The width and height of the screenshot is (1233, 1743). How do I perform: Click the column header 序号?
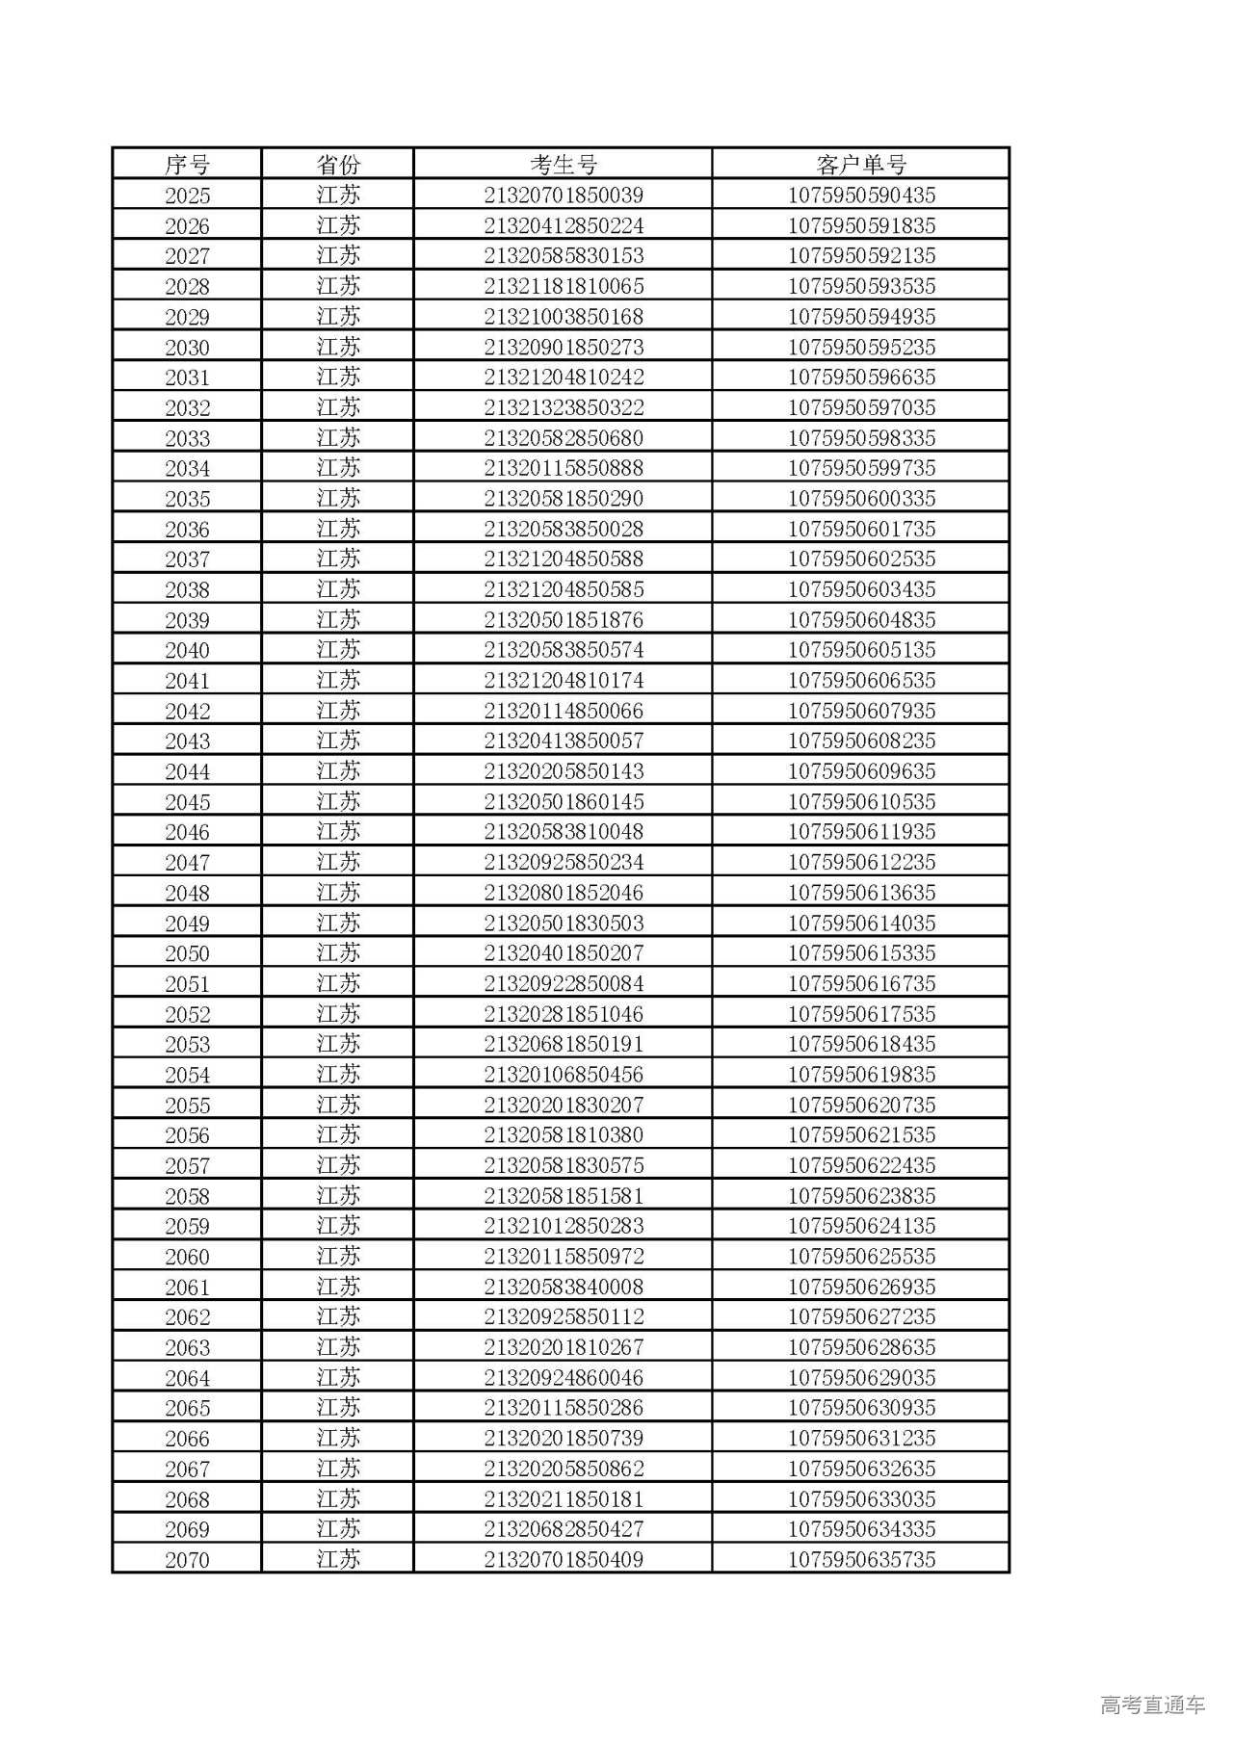(x=187, y=165)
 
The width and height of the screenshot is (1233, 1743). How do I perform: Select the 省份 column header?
(x=338, y=165)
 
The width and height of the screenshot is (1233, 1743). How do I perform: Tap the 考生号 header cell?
(x=564, y=165)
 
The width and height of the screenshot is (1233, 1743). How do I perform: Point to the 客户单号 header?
(x=861, y=165)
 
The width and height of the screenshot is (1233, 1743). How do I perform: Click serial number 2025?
(x=187, y=195)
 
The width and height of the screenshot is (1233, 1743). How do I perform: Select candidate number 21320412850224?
(x=564, y=226)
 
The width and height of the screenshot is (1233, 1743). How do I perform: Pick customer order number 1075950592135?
(x=861, y=256)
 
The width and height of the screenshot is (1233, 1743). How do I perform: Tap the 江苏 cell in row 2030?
(x=338, y=347)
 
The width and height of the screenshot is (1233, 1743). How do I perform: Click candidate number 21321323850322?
(x=564, y=407)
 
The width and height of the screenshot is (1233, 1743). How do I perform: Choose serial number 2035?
(x=187, y=499)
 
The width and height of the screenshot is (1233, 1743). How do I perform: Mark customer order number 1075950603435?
(x=861, y=589)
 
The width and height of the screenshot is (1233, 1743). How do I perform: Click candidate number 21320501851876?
(x=564, y=620)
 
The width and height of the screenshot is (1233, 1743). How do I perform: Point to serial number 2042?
(x=187, y=711)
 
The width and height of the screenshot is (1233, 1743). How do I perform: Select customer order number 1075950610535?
(x=861, y=802)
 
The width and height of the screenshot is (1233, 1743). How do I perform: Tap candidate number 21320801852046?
(x=564, y=893)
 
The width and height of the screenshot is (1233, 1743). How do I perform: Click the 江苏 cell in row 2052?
(x=338, y=1014)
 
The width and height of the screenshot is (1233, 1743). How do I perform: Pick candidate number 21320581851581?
(x=564, y=1196)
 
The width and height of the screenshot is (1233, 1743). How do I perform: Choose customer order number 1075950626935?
(x=861, y=1287)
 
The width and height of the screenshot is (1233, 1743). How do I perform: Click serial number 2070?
(x=187, y=1560)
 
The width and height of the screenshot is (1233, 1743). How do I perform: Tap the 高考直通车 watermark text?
(x=1152, y=1705)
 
